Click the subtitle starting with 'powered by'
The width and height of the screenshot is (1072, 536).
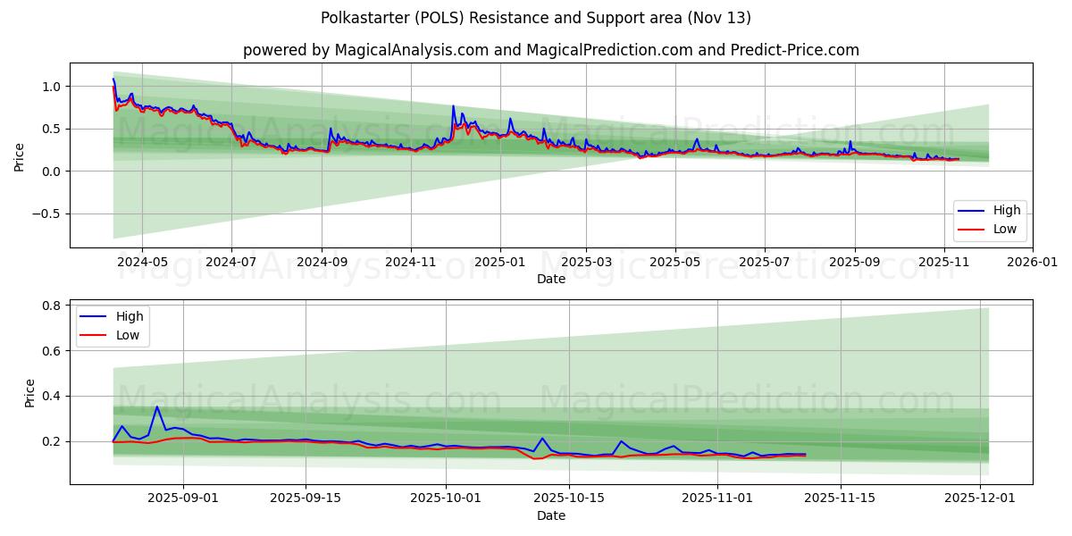coord(550,50)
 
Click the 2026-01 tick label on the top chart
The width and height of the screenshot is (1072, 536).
coord(1032,263)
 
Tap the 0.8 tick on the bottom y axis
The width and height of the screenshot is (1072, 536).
coord(53,306)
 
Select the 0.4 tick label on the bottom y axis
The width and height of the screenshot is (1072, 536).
coord(53,396)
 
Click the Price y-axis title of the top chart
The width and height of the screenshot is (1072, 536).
coord(20,158)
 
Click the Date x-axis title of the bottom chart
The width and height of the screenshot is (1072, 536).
coord(550,515)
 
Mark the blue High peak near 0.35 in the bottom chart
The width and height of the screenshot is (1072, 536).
coord(157,407)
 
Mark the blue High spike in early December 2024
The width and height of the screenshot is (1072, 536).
coord(453,106)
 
